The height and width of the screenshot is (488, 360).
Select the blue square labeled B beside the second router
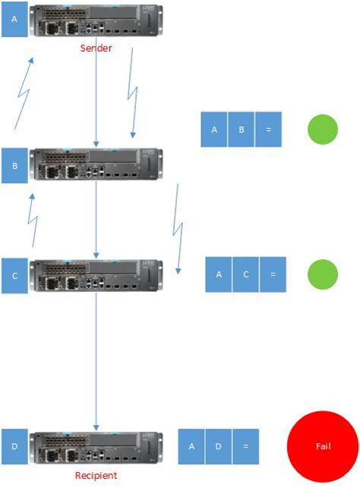pos(14,165)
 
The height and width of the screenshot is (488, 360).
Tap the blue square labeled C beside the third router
pos(14,277)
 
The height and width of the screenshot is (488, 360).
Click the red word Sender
pos(96,48)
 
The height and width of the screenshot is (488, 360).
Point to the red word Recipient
pos(96,475)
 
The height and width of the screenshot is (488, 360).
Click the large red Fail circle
pos(324,447)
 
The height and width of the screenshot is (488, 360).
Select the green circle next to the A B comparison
pos(322,129)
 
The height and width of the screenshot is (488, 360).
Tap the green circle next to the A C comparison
pos(322,274)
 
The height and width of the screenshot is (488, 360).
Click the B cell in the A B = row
pos(242,129)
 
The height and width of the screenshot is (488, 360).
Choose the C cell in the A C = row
pos(245,274)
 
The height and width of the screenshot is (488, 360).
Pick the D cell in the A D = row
pos(218,447)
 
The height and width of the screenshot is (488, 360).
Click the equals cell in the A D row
pos(245,447)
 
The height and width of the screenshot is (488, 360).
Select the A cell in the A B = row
pos(214,129)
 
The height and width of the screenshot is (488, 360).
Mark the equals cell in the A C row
pos(273,274)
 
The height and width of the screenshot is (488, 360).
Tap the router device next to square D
pos(96,449)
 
